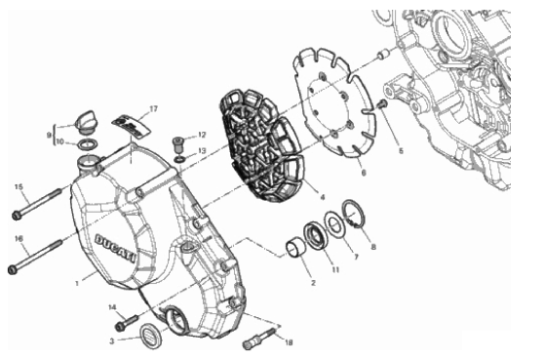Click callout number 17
point(153,109)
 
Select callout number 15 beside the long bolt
point(19,187)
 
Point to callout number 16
point(19,239)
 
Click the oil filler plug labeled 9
point(85,122)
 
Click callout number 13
point(202,151)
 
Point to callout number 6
point(364,172)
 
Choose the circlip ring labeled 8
point(353,215)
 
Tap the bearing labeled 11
point(316,236)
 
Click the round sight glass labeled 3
point(150,335)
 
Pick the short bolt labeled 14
point(127,322)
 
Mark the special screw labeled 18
point(260,339)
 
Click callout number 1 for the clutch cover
point(77,283)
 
